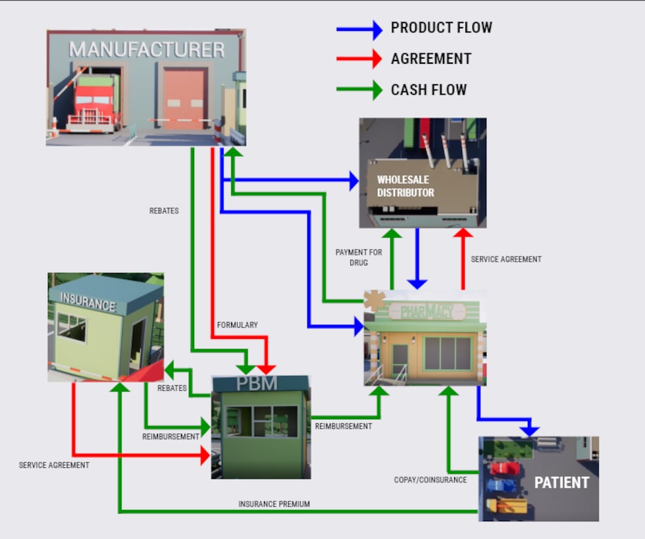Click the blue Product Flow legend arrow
click(359, 30)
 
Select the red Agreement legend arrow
click(359, 59)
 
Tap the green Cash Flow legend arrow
click(359, 90)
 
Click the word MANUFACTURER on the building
click(147, 49)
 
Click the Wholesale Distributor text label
click(405, 186)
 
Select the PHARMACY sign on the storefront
click(426, 311)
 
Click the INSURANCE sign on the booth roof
click(88, 303)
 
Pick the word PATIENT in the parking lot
click(561, 482)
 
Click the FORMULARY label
click(238, 325)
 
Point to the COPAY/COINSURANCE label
click(430, 480)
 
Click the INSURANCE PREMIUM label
click(274, 504)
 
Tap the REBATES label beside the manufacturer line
click(164, 211)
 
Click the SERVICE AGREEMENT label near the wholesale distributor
click(505, 259)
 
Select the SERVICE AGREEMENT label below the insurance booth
click(54, 465)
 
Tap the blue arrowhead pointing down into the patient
click(529, 430)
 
